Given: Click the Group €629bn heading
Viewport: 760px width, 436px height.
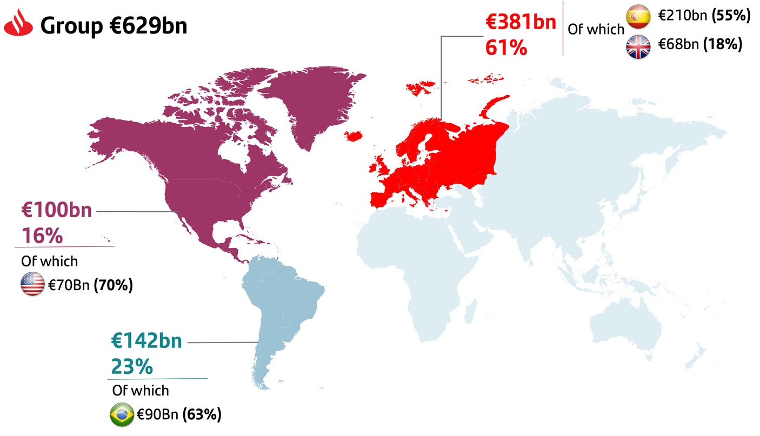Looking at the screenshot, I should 114,26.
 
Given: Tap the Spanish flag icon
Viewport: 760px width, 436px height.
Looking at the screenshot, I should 638,16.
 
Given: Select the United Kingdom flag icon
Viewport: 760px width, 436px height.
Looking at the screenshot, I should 638,45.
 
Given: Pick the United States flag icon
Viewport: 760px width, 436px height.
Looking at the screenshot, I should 32,285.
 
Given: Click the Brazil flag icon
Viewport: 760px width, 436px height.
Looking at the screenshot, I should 122,415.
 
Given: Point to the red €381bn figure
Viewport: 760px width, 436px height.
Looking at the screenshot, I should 521,24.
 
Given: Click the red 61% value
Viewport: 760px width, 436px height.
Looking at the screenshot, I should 505,48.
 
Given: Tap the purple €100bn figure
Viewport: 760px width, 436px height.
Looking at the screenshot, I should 57,210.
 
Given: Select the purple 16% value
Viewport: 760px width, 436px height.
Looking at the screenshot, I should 42,236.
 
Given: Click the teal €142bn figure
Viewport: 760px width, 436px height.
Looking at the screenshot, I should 146,340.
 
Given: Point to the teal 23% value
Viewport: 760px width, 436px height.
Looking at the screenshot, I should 132,367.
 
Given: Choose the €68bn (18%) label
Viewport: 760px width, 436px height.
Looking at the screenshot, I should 699,45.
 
